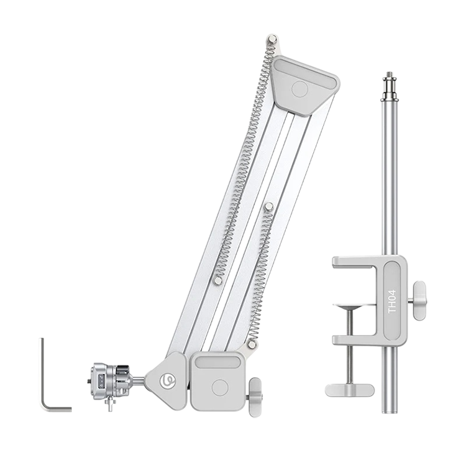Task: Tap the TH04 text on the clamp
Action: pyautogui.click(x=392, y=301)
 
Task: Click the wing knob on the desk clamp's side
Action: pyautogui.click(x=419, y=301)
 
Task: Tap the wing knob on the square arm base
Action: pyautogui.click(x=255, y=397)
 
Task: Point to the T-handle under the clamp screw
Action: pyautogui.click(x=349, y=390)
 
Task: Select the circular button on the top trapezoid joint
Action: pyautogui.click(x=299, y=89)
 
